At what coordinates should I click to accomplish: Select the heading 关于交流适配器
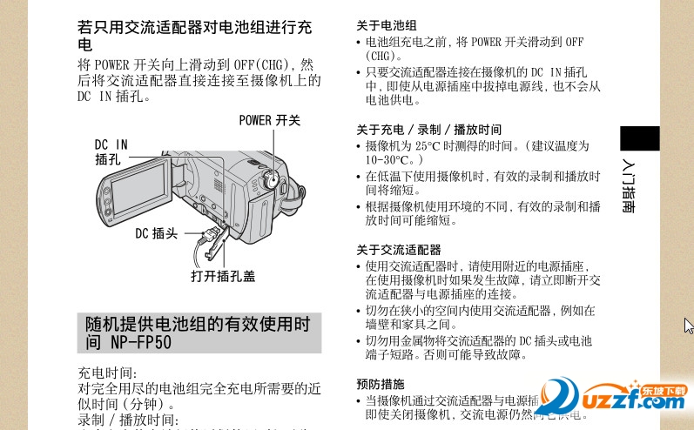399,249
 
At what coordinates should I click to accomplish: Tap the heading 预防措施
381,384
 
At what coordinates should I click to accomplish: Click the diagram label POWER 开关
269,120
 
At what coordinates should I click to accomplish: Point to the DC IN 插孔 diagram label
111,151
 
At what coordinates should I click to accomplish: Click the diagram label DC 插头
156,233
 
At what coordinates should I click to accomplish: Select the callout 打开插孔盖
223,276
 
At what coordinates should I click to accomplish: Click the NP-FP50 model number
139,342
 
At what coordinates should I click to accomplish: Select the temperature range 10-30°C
393,160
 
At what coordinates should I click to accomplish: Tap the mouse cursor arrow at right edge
688,326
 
